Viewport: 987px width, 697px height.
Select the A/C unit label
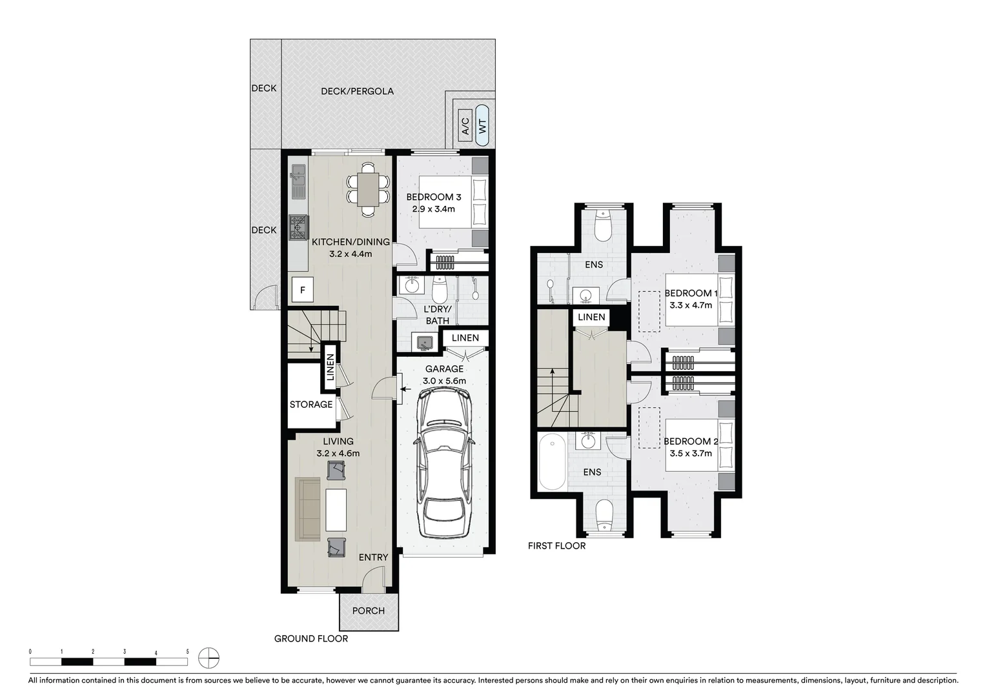click(465, 125)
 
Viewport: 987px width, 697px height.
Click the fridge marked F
click(303, 290)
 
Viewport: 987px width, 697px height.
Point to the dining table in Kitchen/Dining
click(369, 189)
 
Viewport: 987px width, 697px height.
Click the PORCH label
click(369, 611)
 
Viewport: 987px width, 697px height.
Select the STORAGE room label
click(311, 405)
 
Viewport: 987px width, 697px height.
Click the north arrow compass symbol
click(209, 658)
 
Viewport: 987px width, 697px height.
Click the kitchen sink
click(298, 181)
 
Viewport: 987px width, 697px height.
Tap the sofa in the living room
click(308, 509)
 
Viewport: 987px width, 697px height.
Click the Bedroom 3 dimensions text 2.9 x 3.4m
click(434, 209)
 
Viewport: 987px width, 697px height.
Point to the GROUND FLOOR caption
click(311, 639)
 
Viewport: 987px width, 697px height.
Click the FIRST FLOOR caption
click(556, 546)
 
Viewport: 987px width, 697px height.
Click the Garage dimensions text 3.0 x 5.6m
click(444, 381)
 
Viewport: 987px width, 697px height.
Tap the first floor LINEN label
click(591, 317)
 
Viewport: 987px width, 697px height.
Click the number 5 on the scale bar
click(187, 652)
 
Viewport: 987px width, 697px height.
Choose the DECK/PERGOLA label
click(357, 91)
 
